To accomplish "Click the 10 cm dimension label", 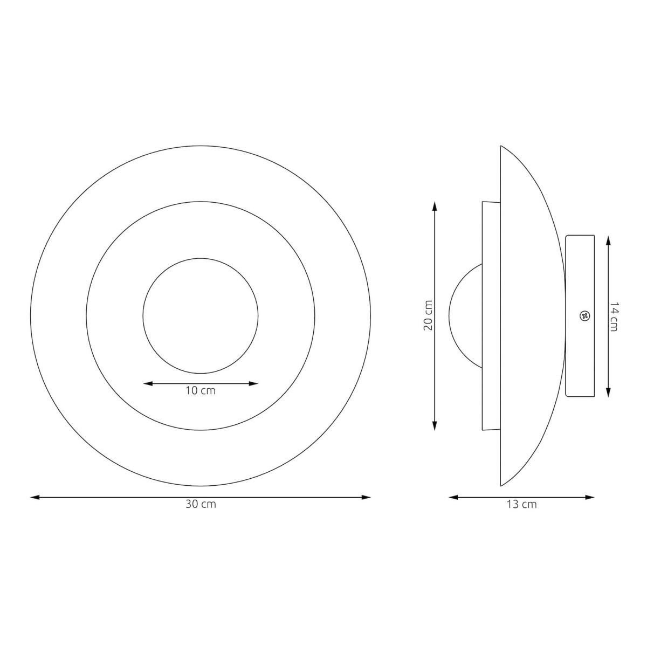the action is pyautogui.click(x=201, y=391).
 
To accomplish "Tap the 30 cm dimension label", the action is pyautogui.click(x=201, y=504).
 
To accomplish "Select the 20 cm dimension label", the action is pyautogui.click(x=428, y=315).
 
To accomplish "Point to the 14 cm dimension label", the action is pyautogui.click(x=614, y=316).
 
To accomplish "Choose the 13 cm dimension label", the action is pyautogui.click(x=521, y=504).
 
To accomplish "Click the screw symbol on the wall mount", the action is pyautogui.click(x=584, y=316).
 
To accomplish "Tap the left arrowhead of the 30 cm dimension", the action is pyautogui.click(x=35, y=497).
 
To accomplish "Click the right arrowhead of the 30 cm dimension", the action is pyautogui.click(x=366, y=497).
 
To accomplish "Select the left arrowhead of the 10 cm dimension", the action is pyautogui.click(x=148, y=383).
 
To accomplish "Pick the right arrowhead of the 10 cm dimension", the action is pyautogui.click(x=253, y=383).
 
